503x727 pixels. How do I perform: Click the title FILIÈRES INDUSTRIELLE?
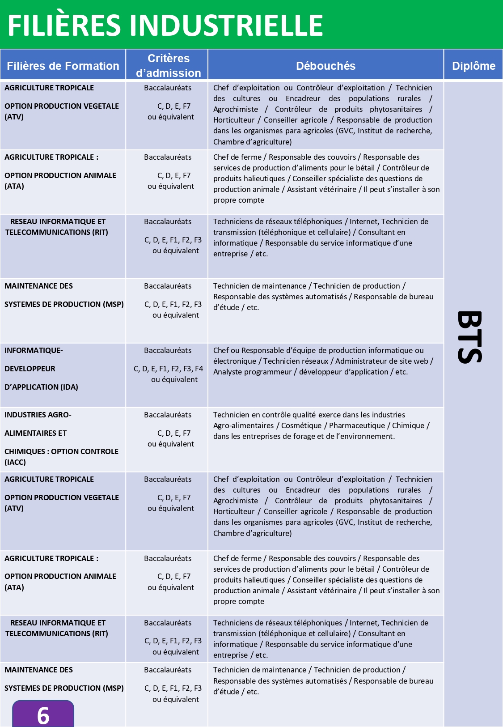[165, 25]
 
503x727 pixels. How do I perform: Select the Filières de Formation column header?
[63, 66]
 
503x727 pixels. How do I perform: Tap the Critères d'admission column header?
[168, 65]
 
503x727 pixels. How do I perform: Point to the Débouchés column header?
[325, 66]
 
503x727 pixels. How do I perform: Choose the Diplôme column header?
[473, 66]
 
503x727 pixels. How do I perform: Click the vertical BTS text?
[470, 337]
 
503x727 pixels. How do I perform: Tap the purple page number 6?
[43, 715]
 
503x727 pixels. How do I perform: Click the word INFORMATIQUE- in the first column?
[34, 350]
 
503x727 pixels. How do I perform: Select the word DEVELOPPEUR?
[30, 369]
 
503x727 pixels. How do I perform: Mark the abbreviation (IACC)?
[15, 462]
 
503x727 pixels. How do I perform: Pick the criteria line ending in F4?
[168, 369]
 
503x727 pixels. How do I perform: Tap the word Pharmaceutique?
[357, 425]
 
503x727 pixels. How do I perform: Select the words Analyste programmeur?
[252, 372]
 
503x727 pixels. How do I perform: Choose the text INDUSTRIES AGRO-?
[38, 415]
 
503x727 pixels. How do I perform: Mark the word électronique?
[235, 361]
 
